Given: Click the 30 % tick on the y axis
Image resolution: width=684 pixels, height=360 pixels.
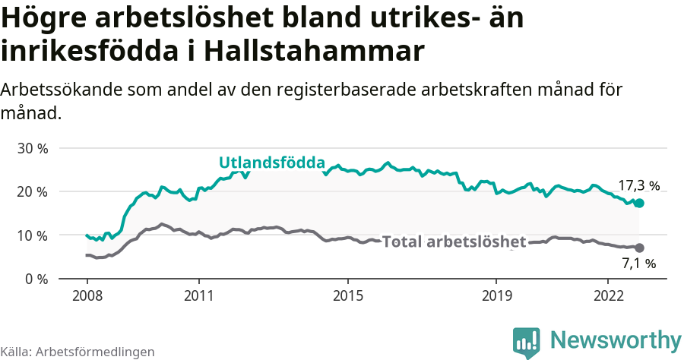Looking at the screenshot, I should [x=32, y=148].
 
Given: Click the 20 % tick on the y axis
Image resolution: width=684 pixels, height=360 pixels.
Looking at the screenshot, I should [x=32, y=191].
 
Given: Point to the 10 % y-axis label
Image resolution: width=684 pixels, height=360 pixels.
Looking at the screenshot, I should [x=32, y=235].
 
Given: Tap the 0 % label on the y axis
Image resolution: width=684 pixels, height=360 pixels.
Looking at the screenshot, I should [x=36, y=279].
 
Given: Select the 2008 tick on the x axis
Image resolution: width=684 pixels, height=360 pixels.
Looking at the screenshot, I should [x=87, y=295].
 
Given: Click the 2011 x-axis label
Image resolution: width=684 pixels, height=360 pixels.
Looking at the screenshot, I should [x=198, y=295].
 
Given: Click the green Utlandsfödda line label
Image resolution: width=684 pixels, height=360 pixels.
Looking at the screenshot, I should [x=272, y=162].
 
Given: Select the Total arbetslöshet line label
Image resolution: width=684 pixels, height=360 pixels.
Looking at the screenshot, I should [x=454, y=242].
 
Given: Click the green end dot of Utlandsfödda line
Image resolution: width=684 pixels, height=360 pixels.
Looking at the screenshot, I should [x=639, y=203].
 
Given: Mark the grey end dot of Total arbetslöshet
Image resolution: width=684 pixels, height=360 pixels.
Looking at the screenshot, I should [x=639, y=248].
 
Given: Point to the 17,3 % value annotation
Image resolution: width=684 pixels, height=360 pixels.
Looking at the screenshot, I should [x=638, y=185].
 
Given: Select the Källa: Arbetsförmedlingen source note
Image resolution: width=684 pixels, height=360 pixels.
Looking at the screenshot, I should [x=78, y=352].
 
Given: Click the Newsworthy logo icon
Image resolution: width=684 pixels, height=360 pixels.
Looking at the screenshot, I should [x=526, y=342].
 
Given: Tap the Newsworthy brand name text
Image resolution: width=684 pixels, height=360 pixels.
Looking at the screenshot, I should [x=616, y=339].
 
